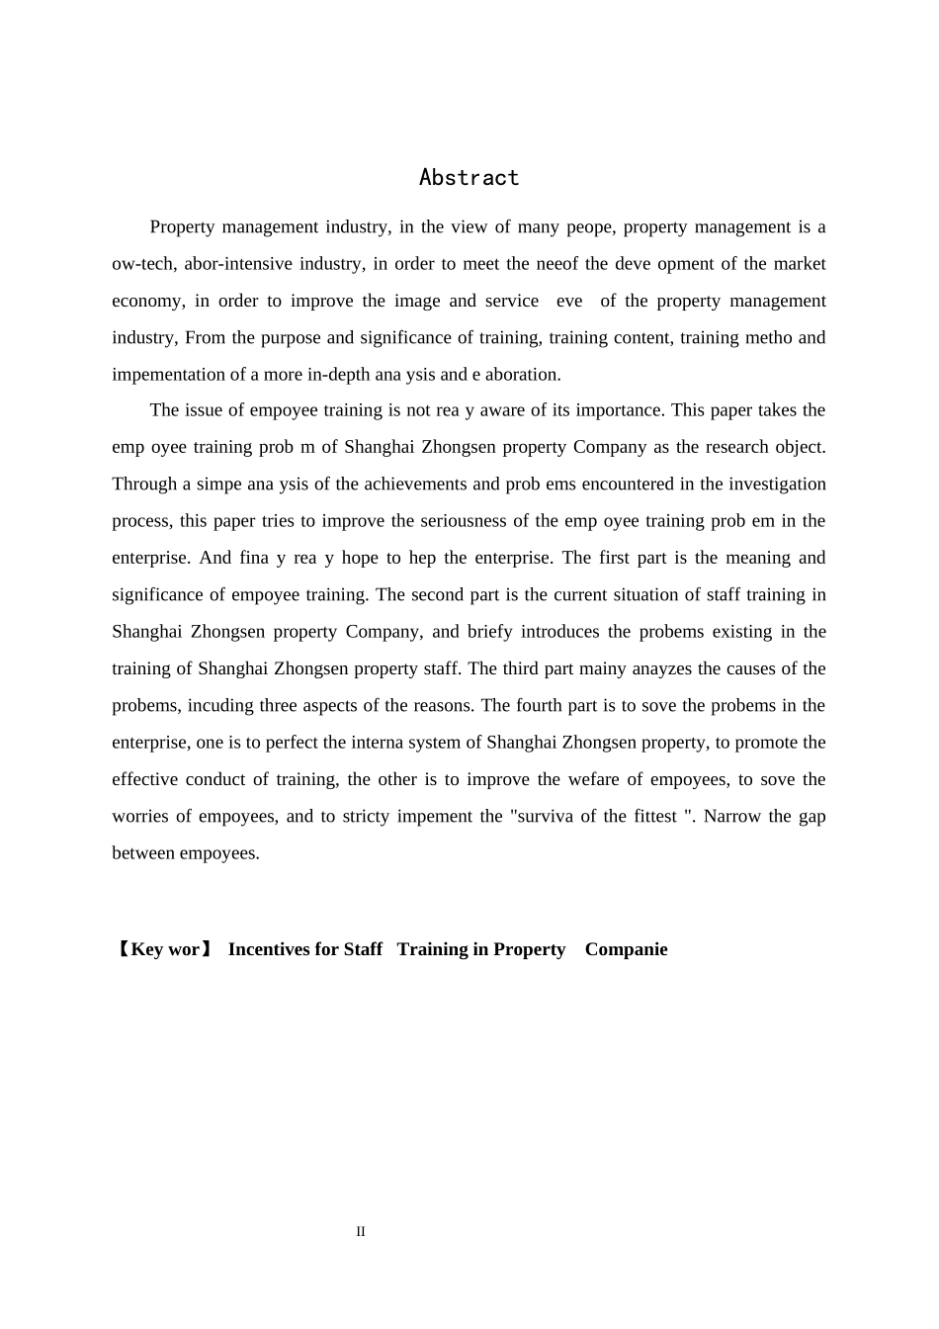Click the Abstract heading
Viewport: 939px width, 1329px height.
coord(469,178)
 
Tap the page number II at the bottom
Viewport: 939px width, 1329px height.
coord(361,1232)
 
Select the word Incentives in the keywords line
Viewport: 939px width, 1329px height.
coord(270,949)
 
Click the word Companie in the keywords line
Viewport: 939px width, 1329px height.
coord(626,949)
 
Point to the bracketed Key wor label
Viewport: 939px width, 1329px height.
coord(163,949)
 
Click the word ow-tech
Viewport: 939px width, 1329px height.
coord(141,264)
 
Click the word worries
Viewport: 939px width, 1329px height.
coord(139,817)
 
